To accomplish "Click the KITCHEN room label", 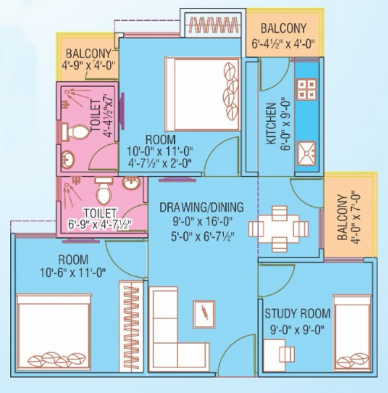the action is click(271, 123).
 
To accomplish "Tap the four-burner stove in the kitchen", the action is click(307, 89).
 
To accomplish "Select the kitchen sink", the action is click(307, 153).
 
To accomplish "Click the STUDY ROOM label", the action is click(297, 314).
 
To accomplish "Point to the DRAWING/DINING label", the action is click(202, 208).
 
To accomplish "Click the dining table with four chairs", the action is click(279, 229).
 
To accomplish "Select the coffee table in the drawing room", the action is click(204, 314).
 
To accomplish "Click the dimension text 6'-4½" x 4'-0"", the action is click(283, 45).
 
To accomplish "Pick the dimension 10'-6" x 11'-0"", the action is click(73, 272).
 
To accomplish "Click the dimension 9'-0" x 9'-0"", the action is click(297, 330).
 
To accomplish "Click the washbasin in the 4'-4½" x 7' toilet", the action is click(68, 159).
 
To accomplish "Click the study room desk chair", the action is click(287, 354).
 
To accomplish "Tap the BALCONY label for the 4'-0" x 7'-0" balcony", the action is click(342, 217).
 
